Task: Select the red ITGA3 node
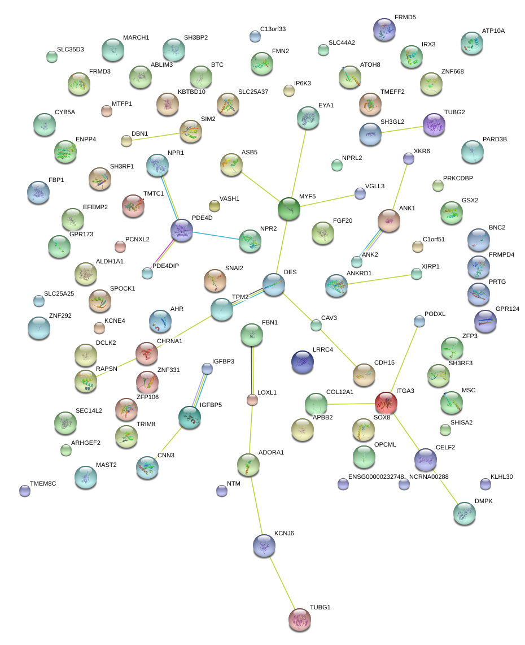click(386, 403)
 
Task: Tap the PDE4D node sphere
click(182, 231)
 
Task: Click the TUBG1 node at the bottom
click(300, 620)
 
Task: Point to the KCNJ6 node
click(264, 545)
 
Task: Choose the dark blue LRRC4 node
click(303, 362)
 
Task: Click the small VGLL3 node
click(360, 193)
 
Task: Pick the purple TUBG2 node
click(434, 124)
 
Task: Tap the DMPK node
click(465, 513)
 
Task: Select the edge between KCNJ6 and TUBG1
click(282, 582)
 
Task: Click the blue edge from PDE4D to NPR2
click(216, 235)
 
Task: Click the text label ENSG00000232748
click(376, 477)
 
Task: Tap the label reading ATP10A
click(493, 31)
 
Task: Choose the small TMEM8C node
click(25, 490)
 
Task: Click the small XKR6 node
click(409, 159)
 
